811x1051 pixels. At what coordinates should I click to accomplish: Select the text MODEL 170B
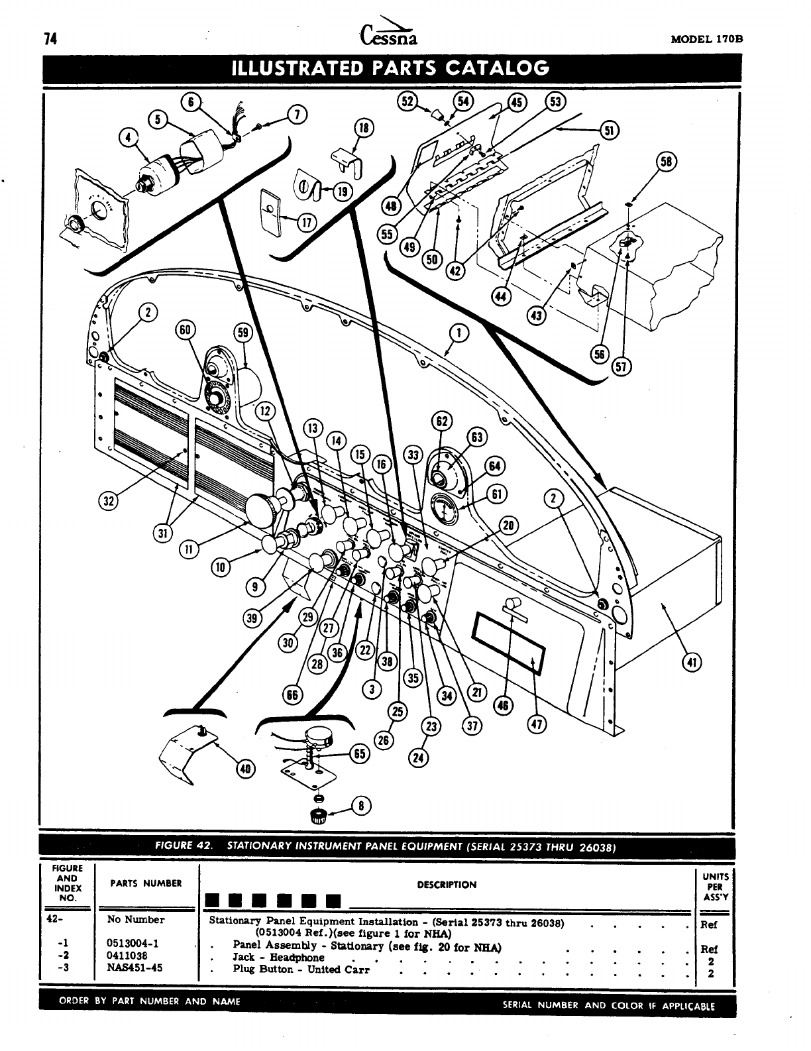click(707, 39)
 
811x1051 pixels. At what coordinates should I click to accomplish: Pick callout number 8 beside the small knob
click(361, 806)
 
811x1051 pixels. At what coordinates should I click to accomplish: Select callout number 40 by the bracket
click(245, 769)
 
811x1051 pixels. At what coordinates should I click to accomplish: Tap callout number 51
click(608, 130)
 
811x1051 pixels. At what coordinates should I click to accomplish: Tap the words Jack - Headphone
click(278, 957)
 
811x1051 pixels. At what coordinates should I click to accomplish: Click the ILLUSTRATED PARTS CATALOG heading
click(389, 68)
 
